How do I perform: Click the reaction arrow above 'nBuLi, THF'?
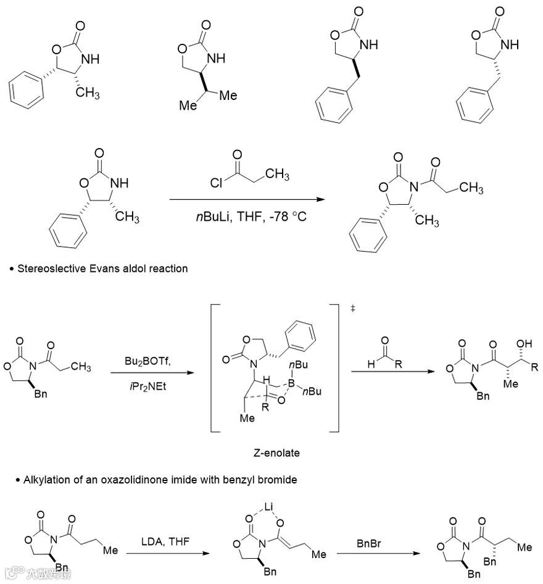(247, 199)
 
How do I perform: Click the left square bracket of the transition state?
(212, 368)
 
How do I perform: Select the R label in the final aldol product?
(534, 368)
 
